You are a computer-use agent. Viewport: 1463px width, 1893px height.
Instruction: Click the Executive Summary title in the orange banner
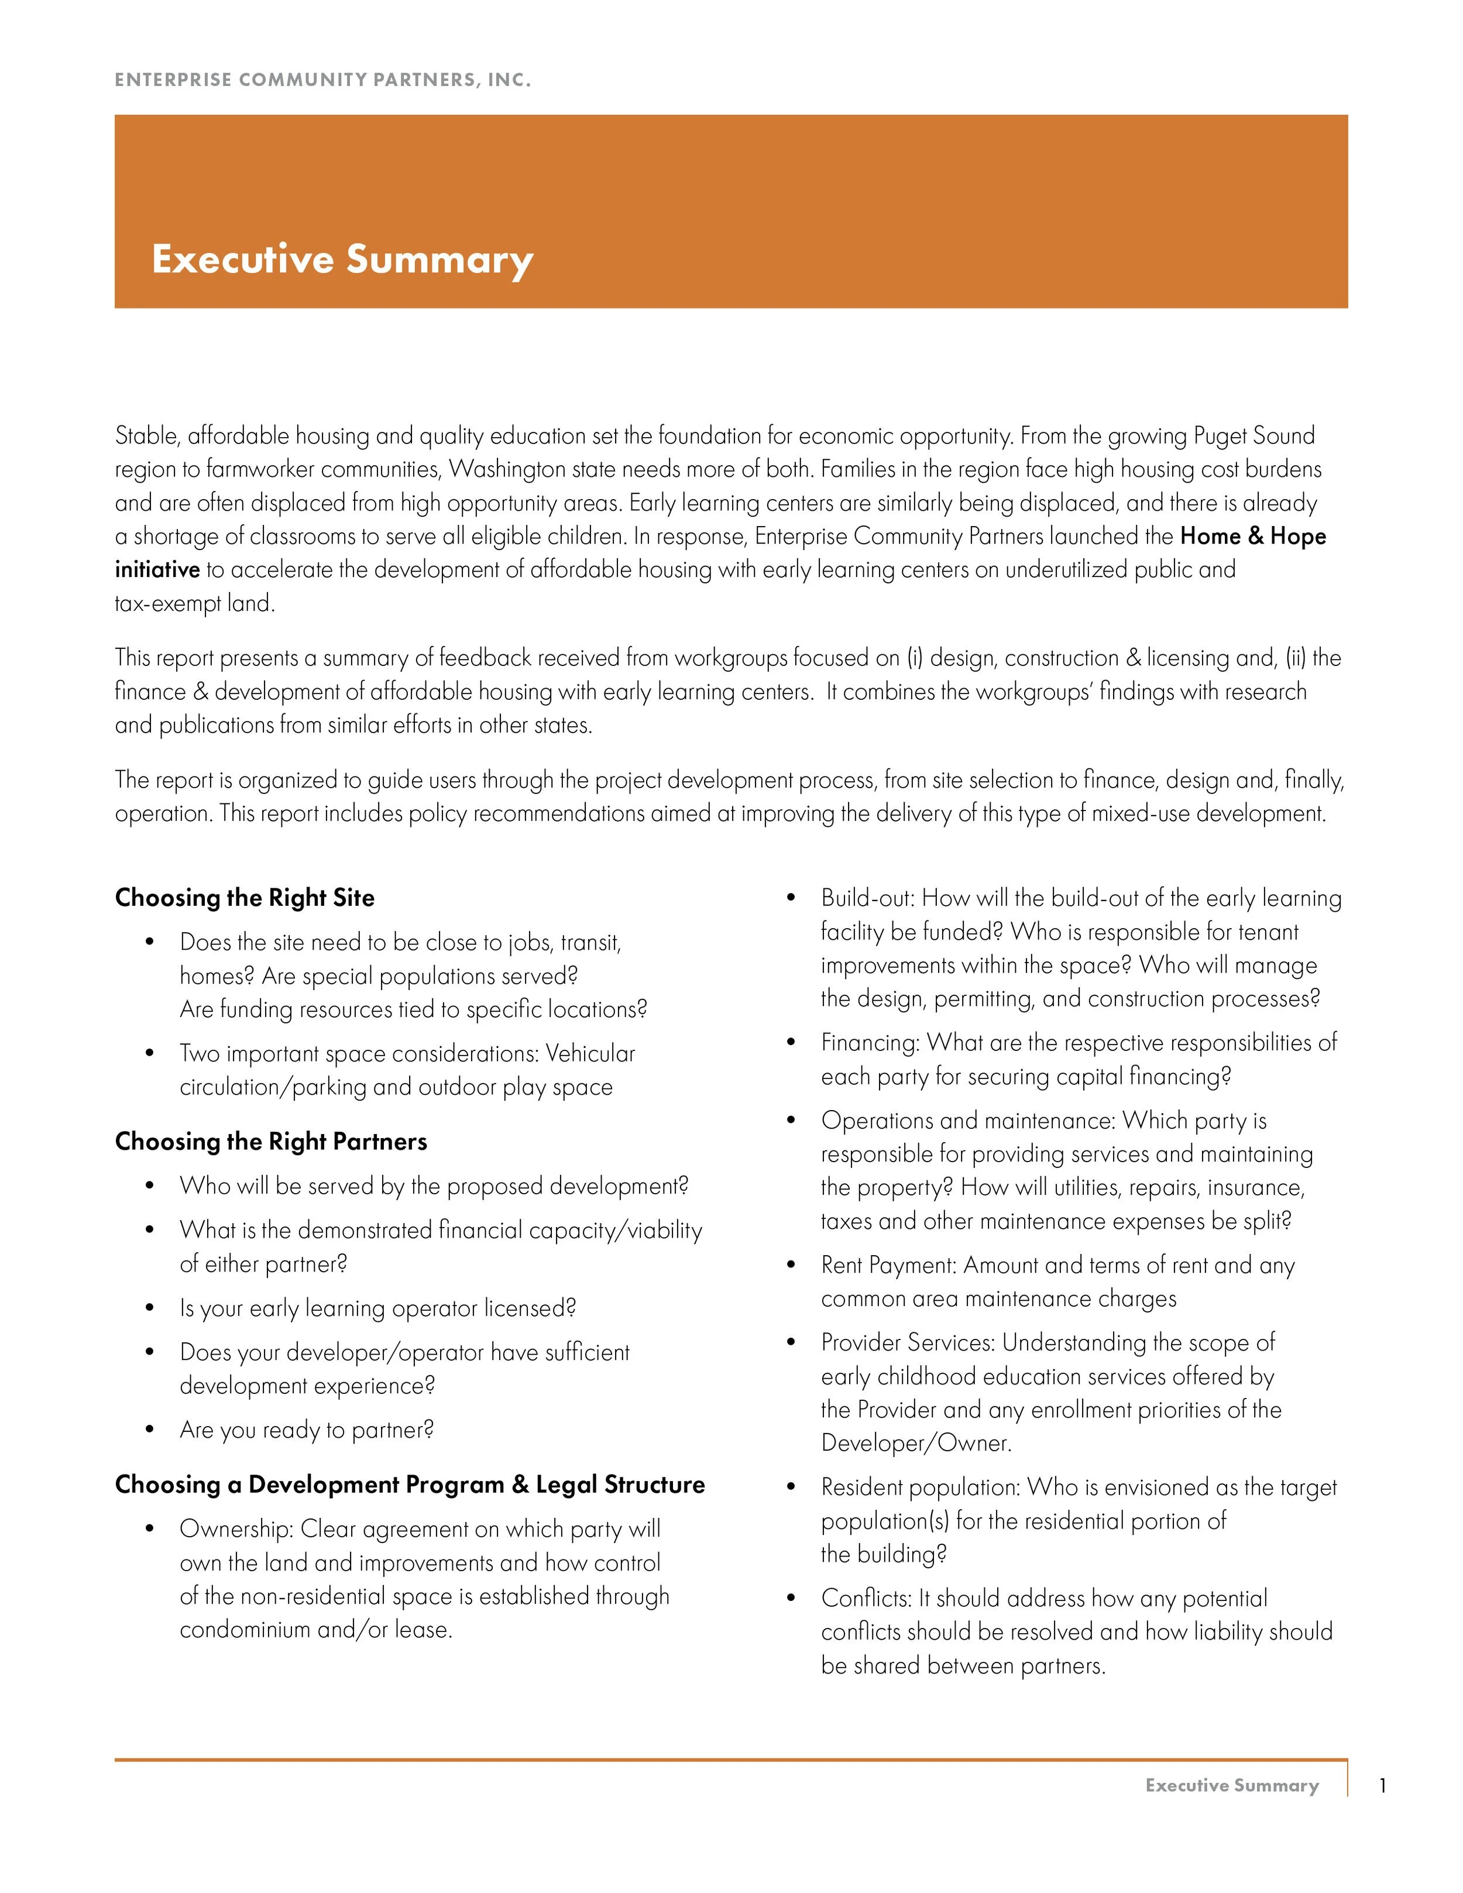coord(342,259)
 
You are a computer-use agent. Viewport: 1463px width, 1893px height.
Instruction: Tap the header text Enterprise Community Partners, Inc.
coord(322,80)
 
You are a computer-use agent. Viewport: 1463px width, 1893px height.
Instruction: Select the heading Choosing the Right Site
coord(245,897)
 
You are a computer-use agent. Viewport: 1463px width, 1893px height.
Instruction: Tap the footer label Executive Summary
coord(1232,1785)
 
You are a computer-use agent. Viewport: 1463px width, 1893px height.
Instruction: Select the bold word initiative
coord(157,569)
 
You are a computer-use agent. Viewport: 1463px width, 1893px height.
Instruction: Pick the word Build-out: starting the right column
coord(868,898)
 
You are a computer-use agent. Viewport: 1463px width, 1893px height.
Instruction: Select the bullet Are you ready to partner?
coord(306,1430)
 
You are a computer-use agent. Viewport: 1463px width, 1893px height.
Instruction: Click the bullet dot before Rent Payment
coord(791,1266)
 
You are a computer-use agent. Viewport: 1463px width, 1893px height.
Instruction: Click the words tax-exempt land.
coord(194,603)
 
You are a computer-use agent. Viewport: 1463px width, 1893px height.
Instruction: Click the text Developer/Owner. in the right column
coord(915,1443)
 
